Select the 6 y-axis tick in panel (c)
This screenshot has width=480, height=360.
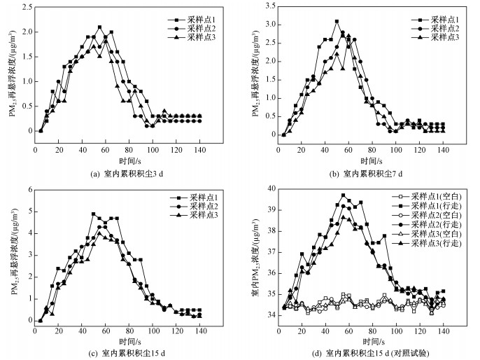(x=28, y=189)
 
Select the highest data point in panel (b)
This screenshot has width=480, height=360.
(x=337, y=22)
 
